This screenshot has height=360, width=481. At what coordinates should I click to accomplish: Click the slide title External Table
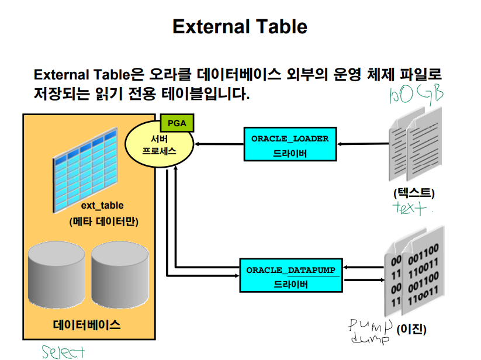point(240,26)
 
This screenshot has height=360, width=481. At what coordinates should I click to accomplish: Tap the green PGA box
point(177,123)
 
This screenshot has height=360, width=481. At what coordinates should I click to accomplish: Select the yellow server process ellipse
point(160,145)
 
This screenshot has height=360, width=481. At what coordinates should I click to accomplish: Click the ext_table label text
point(102,206)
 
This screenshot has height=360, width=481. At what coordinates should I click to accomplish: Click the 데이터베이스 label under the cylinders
point(86,325)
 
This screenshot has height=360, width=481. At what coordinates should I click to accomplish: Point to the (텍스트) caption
point(414,193)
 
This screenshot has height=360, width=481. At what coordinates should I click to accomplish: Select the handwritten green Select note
point(63,352)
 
